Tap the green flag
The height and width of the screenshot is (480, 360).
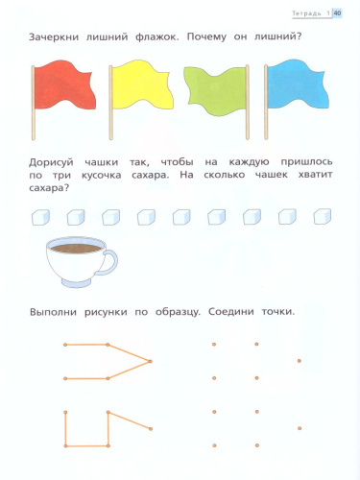(214, 85)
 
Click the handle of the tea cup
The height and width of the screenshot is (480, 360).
(108, 260)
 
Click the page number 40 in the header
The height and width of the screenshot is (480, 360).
(337, 12)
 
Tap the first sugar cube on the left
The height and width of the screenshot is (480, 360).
(39, 218)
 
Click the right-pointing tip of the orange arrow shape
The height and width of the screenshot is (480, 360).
(151, 361)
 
